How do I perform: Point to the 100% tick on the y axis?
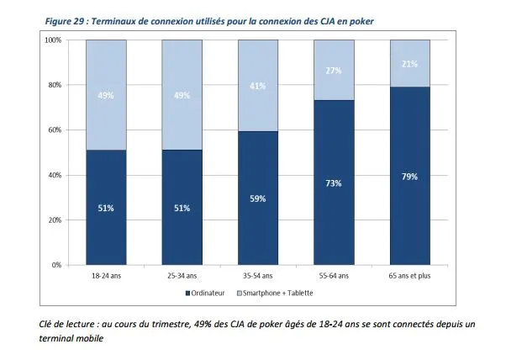[52, 40]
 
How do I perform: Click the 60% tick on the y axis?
[54, 130]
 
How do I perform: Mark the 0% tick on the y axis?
[55, 265]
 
